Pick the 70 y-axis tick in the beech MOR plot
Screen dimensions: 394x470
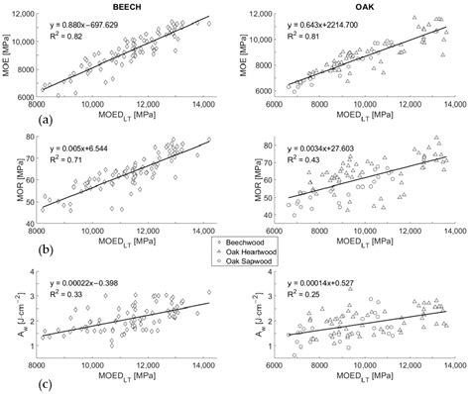(33, 157)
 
